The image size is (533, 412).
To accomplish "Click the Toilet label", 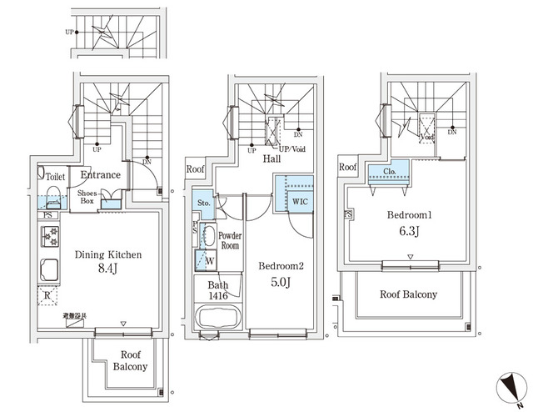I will [56, 177].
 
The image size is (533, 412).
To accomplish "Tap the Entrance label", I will [101, 175].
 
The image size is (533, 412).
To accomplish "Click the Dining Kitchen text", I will [108, 255].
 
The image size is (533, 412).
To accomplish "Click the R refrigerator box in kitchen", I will [48, 295].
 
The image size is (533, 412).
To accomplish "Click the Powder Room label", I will [230, 240].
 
